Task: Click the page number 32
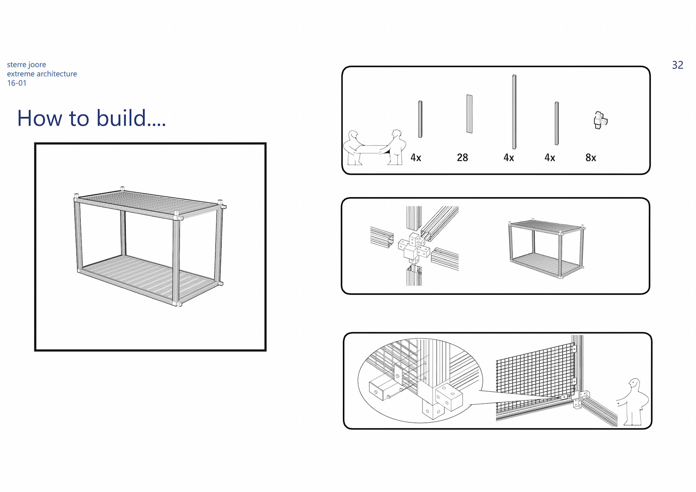pyautogui.click(x=677, y=65)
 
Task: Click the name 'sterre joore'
pyautogui.click(x=26, y=65)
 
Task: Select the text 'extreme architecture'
pyautogui.click(x=42, y=74)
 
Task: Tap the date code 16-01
pyautogui.click(x=17, y=83)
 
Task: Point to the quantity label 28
pyautogui.click(x=462, y=158)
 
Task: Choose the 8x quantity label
pyautogui.click(x=591, y=158)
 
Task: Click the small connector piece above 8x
pyautogui.click(x=600, y=120)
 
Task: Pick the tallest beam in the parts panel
pyautogui.click(x=514, y=112)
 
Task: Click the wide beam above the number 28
pyautogui.click(x=469, y=114)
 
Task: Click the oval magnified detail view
pyautogui.click(x=420, y=381)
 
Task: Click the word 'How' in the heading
pyautogui.click(x=40, y=118)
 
